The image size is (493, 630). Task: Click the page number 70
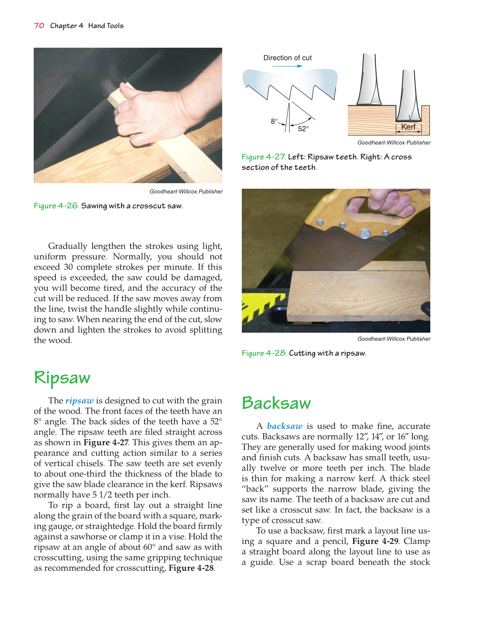click(39, 26)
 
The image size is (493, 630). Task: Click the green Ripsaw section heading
click(62, 377)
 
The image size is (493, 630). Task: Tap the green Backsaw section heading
click(276, 403)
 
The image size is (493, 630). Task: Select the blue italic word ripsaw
click(79, 400)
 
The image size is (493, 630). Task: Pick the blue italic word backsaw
click(284, 426)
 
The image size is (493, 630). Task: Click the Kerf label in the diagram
click(408, 127)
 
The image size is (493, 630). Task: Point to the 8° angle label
click(274, 121)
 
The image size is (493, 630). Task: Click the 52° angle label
click(303, 129)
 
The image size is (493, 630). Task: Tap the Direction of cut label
click(287, 58)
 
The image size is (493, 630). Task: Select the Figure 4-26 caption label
click(56, 206)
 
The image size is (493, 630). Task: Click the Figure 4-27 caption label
click(264, 157)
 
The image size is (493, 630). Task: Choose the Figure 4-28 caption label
click(264, 353)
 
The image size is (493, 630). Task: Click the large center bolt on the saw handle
click(364, 233)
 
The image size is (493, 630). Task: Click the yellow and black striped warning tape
click(256, 311)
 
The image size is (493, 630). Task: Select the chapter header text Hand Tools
click(106, 26)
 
